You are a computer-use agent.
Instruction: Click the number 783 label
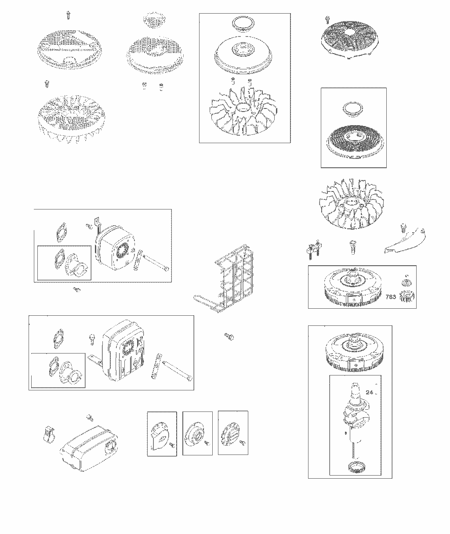coord(391,297)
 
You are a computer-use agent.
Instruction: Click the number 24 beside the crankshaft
coord(370,392)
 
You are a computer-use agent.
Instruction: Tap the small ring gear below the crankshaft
coord(356,468)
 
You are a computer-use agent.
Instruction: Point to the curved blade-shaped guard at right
coord(405,240)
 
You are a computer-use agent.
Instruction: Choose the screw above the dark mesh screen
coord(327,19)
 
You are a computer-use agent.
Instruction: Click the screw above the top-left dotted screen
coord(68,15)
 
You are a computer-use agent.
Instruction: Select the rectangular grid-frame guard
coord(224,278)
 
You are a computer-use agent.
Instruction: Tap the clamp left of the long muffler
coord(49,434)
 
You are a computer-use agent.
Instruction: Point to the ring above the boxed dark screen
coord(353,109)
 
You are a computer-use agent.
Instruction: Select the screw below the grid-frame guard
coord(229,336)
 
